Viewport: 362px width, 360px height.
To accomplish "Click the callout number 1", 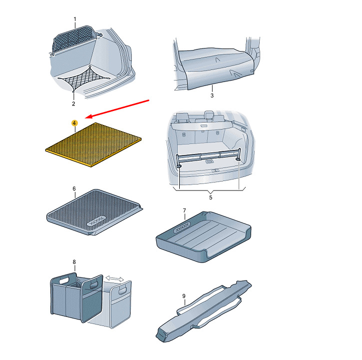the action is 75,19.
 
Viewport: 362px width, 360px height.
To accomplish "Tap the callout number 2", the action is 73,103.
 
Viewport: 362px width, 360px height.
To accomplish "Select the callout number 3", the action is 212,95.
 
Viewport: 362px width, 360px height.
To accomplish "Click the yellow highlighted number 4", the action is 74,123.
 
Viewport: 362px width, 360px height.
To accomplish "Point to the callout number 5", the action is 211,197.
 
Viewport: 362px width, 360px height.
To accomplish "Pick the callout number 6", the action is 74,188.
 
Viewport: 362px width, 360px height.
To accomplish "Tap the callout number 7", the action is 184,210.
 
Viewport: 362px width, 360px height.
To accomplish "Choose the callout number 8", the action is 74,262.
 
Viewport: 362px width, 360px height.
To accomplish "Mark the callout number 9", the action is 184,296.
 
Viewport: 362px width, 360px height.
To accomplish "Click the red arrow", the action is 117,109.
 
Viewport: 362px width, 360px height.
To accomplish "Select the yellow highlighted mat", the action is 93,144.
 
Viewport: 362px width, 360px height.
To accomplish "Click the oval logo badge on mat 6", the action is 96,221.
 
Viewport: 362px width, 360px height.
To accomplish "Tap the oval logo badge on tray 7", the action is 182,227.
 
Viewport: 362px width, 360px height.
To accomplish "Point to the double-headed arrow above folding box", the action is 115,278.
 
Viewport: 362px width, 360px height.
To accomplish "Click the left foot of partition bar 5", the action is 179,166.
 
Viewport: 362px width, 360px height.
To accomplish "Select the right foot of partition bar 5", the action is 238,159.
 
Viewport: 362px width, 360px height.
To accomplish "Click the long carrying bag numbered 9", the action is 203,311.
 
